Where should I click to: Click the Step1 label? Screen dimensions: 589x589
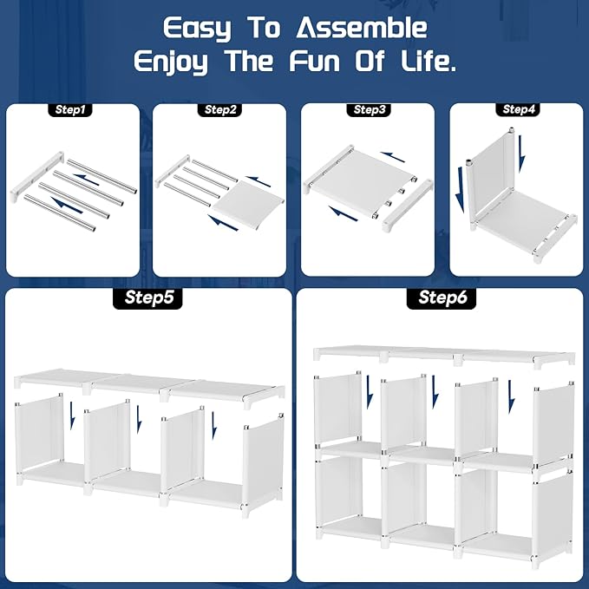(x=70, y=109)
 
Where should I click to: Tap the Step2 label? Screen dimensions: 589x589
(x=220, y=109)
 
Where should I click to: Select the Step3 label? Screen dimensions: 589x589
(x=370, y=109)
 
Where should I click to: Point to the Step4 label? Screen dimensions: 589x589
(x=518, y=109)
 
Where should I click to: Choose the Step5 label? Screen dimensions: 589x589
(x=148, y=298)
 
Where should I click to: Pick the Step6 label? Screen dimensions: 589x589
(x=442, y=298)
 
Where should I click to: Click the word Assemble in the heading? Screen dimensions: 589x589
(x=362, y=28)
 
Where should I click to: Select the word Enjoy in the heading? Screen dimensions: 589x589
(x=171, y=62)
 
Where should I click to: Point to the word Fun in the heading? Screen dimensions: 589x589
(x=315, y=61)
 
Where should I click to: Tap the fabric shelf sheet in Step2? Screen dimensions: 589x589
(x=249, y=205)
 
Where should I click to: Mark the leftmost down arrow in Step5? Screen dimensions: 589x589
(x=73, y=416)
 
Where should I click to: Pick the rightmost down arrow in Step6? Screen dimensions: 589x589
(x=511, y=396)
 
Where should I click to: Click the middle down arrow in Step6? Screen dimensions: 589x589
(x=435, y=392)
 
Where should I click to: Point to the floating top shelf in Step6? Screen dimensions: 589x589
(x=444, y=355)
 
